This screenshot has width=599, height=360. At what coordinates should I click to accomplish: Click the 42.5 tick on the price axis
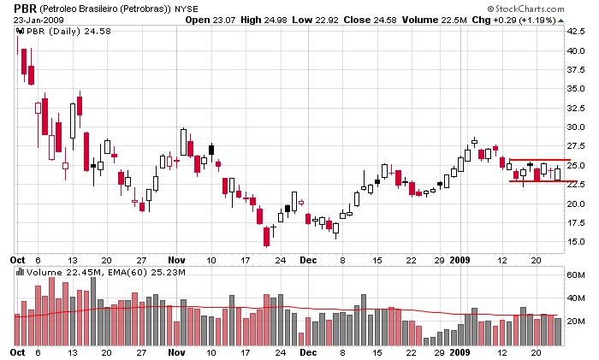click(x=575, y=32)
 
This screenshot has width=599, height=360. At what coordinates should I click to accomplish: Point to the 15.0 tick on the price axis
click(x=575, y=242)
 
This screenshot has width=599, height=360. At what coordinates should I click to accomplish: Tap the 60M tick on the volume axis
click(x=575, y=274)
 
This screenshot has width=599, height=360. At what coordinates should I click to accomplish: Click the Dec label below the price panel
click(x=308, y=258)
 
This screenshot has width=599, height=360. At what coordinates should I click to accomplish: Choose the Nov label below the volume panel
click(x=176, y=351)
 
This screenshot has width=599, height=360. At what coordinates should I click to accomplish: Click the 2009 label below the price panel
click(x=460, y=258)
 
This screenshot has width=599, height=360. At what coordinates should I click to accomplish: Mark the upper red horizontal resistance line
click(x=535, y=160)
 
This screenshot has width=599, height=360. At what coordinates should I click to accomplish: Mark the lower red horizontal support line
click(x=535, y=180)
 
